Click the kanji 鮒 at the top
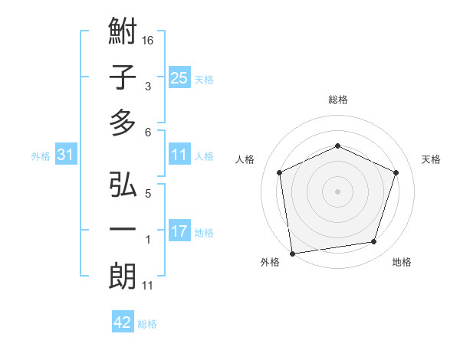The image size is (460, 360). click(123, 34)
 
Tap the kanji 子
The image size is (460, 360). click(123, 77)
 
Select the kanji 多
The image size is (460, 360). click(123, 122)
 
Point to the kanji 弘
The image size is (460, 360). click(123, 186)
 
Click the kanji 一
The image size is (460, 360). click(123, 231)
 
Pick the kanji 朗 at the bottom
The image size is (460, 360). click(123, 276)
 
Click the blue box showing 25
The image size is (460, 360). click(179, 77)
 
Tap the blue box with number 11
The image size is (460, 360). click(179, 155)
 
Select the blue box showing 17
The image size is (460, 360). click(179, 231)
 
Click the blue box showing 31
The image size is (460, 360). click(66, 155)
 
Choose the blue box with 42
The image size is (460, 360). click(123, 322)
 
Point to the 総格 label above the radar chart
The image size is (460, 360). click(338, 100)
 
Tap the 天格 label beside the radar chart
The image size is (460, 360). click(432, 159)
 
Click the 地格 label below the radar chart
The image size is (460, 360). click(402, 262)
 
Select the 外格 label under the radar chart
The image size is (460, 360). click(270, 262)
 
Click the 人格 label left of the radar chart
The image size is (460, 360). click(245, 159)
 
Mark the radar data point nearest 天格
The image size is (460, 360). click(396, 172)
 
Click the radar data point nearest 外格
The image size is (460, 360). click(292, 253)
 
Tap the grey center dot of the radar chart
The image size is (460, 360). click(338, 191)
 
